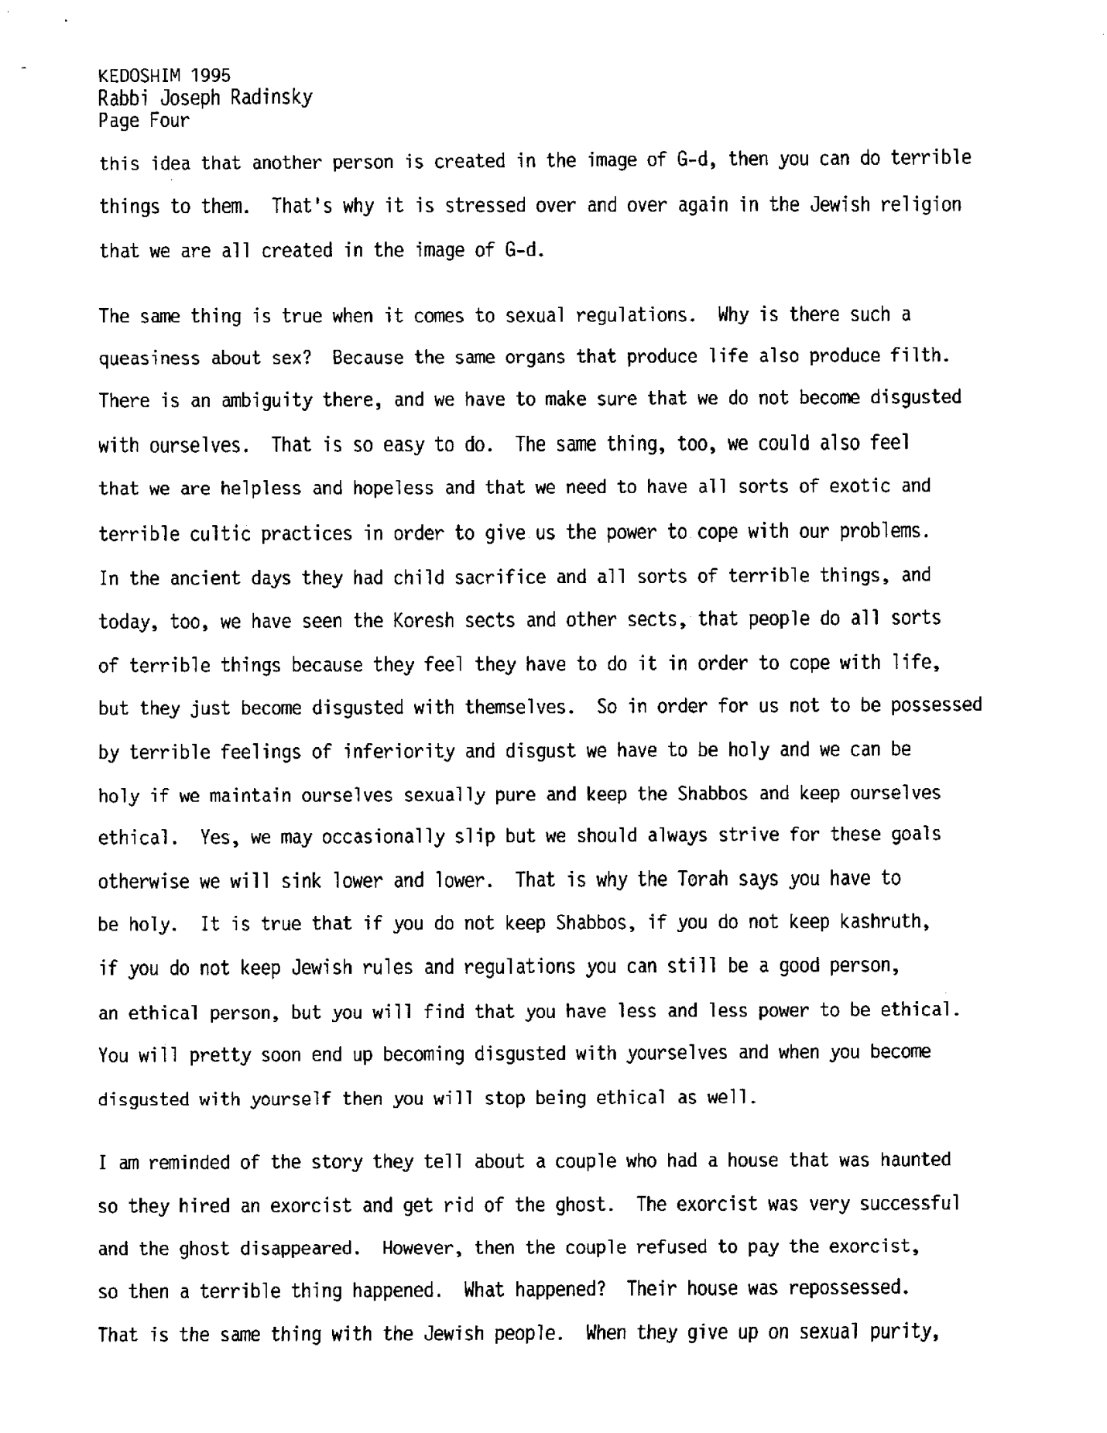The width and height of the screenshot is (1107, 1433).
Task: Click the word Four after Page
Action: pos(170,120)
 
